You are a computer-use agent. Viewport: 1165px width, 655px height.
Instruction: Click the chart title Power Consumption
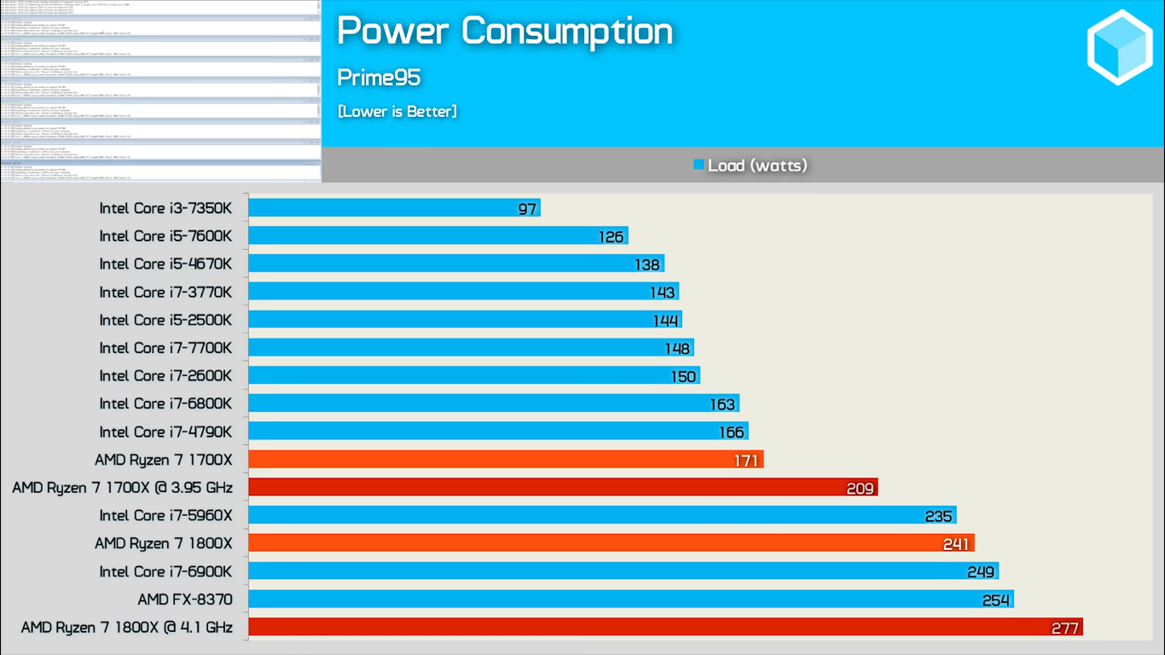tap(505, 32)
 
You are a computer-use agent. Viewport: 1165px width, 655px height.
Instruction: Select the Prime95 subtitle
tap(379, 78)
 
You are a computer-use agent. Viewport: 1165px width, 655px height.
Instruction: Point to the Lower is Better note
tap(397, 112)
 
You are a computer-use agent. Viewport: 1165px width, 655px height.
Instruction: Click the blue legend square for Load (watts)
tap(698, 165)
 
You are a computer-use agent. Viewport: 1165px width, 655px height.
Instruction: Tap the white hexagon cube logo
tap(1120, 48)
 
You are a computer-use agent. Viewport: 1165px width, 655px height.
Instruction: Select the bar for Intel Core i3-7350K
tap(384, 208)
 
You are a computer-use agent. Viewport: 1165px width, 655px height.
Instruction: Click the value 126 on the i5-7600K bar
tap(611, 237)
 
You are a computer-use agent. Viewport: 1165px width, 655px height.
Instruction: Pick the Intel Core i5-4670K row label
tap(165, 264)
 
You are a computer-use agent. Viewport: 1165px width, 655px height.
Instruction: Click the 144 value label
tap(665, 321)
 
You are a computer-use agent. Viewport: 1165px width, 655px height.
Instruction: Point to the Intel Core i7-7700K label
tap(165, 348)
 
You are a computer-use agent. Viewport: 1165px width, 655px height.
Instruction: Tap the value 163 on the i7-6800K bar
tap(722, 404)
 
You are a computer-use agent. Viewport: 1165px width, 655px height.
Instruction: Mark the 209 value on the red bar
tap(860, 489)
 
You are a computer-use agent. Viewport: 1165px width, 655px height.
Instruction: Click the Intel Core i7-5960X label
tap(165, 515)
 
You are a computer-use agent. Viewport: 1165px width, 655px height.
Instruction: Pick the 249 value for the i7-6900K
tap(981, 572)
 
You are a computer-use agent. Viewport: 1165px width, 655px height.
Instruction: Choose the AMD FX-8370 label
tap(185, 600)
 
